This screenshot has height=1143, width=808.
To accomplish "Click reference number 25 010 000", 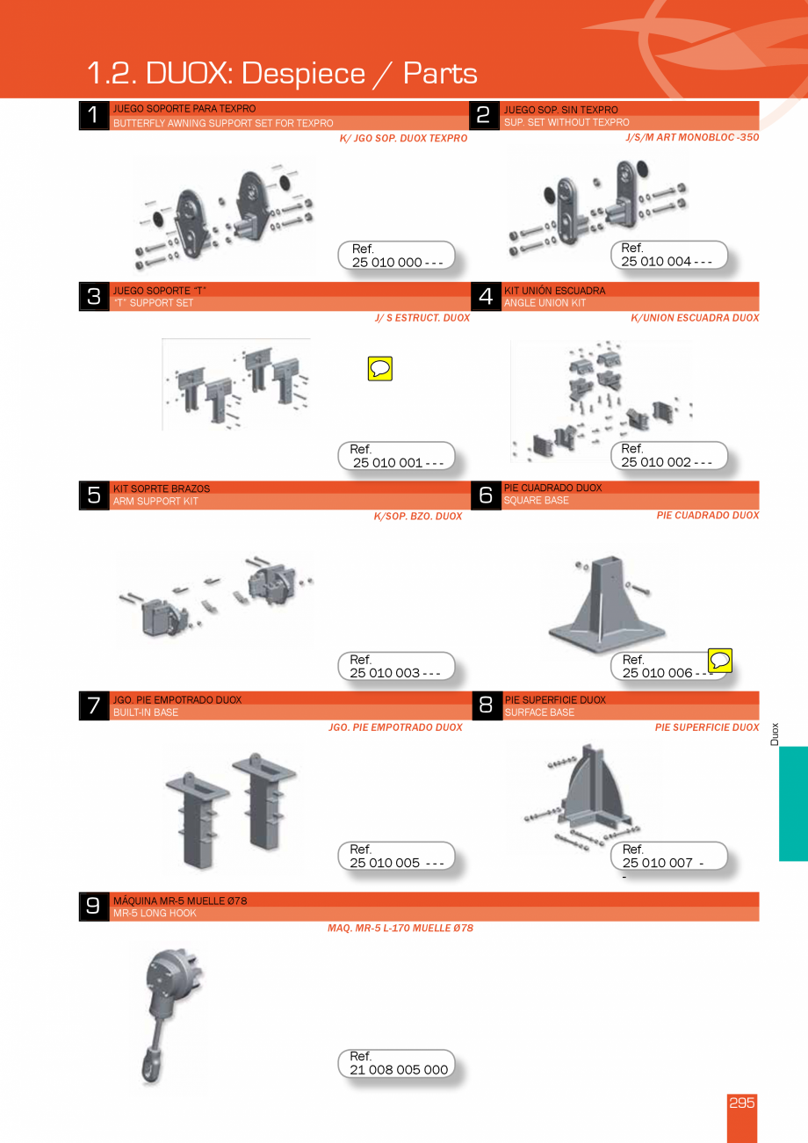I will [x=397, y=263].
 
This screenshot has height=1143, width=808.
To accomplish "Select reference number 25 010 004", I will [x=667, y=262].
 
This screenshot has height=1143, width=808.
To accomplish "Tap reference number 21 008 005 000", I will [x=399, y=1070].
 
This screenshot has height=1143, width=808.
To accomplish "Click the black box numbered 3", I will [x=94, y=297].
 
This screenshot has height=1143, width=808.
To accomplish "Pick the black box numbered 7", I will [x=94, y=705].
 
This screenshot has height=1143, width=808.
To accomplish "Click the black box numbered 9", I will [x=93, y=907].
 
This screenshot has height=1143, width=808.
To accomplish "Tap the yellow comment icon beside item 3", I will [x=380, y=369].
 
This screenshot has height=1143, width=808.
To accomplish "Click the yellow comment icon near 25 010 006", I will [x=720, y=661].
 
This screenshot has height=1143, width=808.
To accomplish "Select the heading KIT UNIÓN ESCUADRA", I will [x=554, y=291].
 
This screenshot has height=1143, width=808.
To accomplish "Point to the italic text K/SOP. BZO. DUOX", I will [x=417, y=517].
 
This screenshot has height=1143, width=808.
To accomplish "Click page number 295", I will [x=742, y=1103].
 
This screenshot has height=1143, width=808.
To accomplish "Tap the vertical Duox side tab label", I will [x=775, y=734].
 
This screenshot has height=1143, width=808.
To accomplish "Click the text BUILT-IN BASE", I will [x=146, y=713].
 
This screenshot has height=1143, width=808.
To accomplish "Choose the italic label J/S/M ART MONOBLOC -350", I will [x=692, y=137].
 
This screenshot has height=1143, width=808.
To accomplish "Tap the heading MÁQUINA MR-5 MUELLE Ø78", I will [x=180, y=901].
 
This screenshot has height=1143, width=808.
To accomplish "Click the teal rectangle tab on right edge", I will [x=792, y=803].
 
